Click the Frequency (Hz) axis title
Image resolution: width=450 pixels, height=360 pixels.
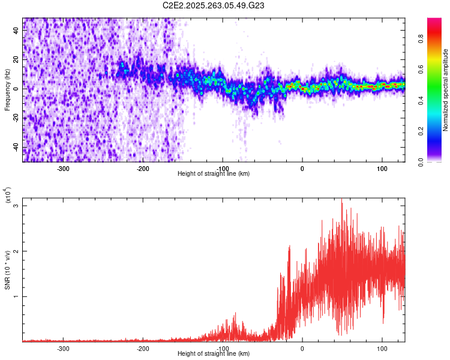(x=7, y=89)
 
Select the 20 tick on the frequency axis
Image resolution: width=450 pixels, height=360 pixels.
(x=16, y=59)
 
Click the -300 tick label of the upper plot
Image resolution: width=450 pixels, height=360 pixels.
(x=64, y=169)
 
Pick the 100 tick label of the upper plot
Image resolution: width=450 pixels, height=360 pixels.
(x=382, y=169)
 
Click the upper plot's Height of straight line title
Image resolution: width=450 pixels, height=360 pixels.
(x=214, y=174)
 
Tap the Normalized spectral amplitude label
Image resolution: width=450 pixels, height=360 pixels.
(x=445, y=89)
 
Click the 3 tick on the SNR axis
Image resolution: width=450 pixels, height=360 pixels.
(x=16, y=206)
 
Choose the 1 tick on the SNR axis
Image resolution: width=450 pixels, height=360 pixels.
(x=16, y=296)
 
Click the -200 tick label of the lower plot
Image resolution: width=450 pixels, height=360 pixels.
(x=143, y=348)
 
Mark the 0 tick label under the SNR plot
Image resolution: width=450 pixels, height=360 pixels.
(x=302, y=348)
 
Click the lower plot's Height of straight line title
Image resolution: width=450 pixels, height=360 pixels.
(x=214, y=354)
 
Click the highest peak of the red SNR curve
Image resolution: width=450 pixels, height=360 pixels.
(x=342, y=203)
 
